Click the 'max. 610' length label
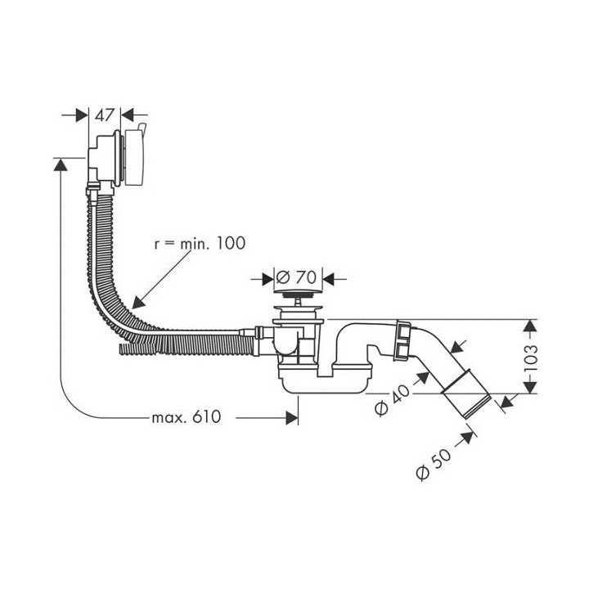[187, 417]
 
